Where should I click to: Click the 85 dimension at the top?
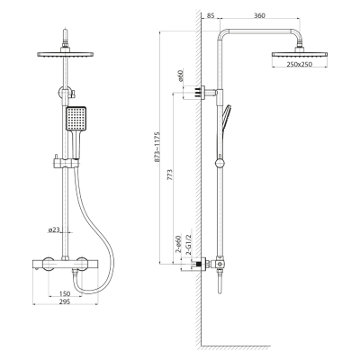[x=210, y=15]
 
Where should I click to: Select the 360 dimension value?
[x=259, y=15]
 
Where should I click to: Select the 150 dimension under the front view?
[x=65, y=293]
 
